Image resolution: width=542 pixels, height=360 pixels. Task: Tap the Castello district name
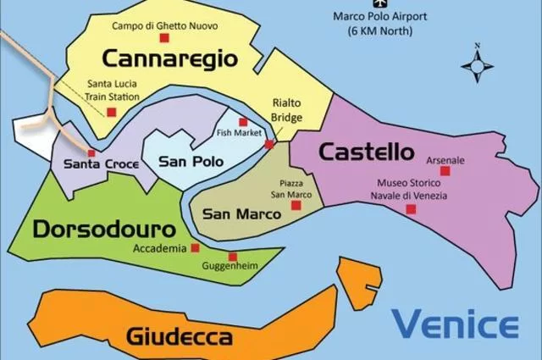[x=366, y=152]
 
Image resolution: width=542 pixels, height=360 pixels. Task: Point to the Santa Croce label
[x=95, y=163]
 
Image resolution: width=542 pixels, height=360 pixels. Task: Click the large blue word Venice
[x=455, y=324]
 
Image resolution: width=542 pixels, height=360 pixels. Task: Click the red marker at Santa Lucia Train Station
[x=110, y=111]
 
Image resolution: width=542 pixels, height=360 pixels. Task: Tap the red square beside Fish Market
[x=243, y=122]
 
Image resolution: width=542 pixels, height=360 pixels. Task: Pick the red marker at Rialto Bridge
[x=269, y=145]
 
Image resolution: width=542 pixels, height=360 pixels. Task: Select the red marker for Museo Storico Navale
[x=411, y=208]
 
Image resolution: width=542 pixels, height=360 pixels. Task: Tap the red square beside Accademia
[x=195, y=248]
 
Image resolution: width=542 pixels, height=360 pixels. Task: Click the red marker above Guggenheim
[x=232, y=257]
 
